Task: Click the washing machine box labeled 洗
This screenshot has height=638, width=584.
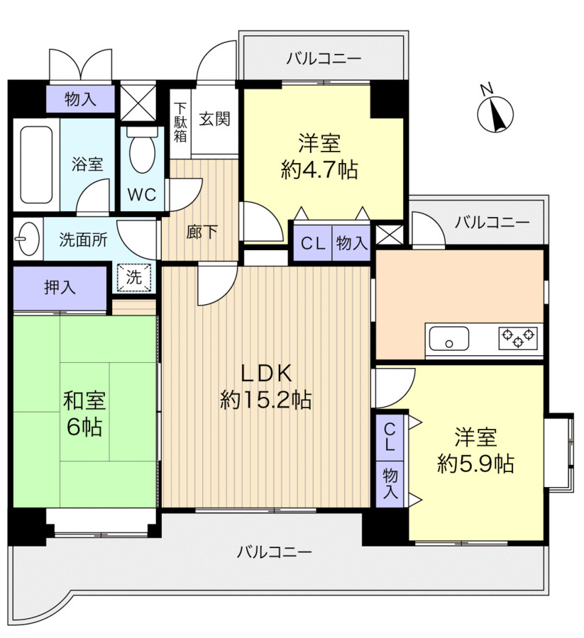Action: (x=133, y=277)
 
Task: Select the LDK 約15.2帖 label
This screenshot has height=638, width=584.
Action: (x=265, y=386)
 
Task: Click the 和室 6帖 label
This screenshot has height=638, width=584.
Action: (x=84, y=413)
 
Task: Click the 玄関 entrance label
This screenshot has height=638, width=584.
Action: (x=214, y=119)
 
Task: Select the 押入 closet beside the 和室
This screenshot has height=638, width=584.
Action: (x=60, y=287)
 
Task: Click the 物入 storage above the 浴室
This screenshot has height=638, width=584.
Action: (x=79, y=99)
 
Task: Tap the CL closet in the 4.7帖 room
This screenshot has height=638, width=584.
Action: (x=312, y=243)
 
